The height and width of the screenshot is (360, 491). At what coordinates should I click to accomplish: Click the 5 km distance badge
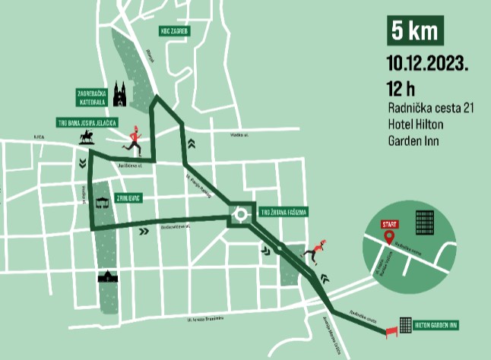click(415, 31)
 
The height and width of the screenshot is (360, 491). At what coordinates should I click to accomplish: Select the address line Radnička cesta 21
click(430, 109)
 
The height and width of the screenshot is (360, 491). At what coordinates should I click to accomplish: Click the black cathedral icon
click(119, 94)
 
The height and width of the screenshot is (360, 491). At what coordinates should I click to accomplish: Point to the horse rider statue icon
click(86, 137)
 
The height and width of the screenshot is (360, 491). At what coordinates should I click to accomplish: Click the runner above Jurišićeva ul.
click(134, 138)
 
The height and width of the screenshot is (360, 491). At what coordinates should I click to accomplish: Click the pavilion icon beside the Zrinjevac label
click(102, 203)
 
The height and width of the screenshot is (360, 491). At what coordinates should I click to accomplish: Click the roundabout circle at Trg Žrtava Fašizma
click(242, 214)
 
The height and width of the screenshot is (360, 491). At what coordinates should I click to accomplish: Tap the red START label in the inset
click(389, 224)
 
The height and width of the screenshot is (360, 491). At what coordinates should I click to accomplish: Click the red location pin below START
click(389, 237)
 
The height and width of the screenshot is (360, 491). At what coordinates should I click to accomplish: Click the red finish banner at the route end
click(393, 330)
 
